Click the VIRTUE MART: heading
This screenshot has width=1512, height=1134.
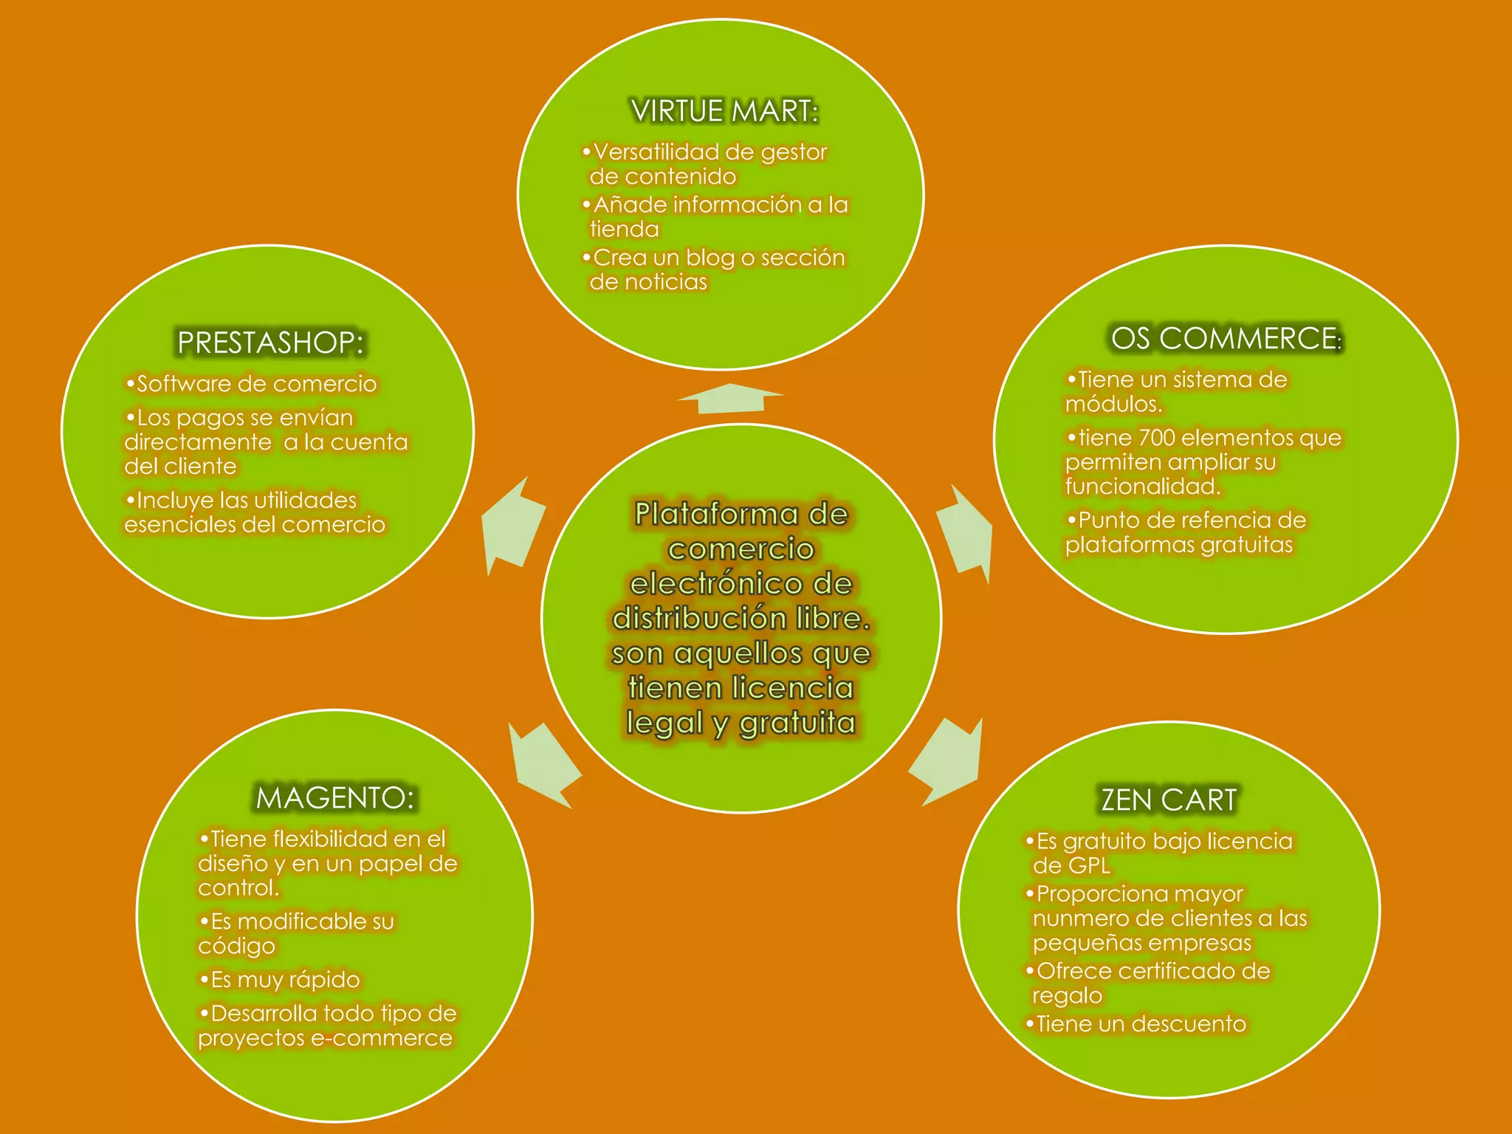[724, 111]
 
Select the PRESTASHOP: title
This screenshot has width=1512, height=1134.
[270, 343]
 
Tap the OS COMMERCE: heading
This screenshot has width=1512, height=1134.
[1226, 339]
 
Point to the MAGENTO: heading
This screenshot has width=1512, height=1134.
[335, 798]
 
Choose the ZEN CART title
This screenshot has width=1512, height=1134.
[1169, 800]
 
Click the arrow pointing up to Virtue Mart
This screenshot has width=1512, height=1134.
[730, 399]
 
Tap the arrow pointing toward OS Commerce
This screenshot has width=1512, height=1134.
[966, 533]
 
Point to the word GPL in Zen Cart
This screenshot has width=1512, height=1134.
[1090, 866]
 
